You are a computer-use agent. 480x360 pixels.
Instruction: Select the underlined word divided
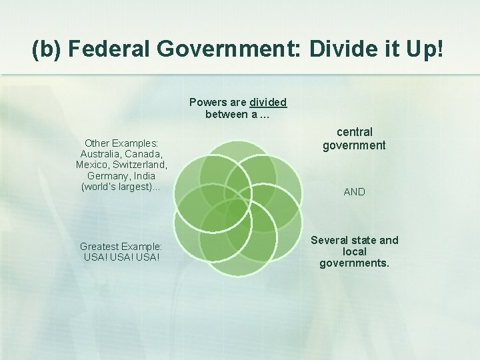268,103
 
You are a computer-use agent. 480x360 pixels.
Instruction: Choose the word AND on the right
354,192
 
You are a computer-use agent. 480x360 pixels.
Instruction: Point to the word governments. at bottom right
354,263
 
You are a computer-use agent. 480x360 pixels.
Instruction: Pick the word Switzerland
139,164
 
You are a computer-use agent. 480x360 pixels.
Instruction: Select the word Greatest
101,246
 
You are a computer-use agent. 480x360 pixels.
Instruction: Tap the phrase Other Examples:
121,143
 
